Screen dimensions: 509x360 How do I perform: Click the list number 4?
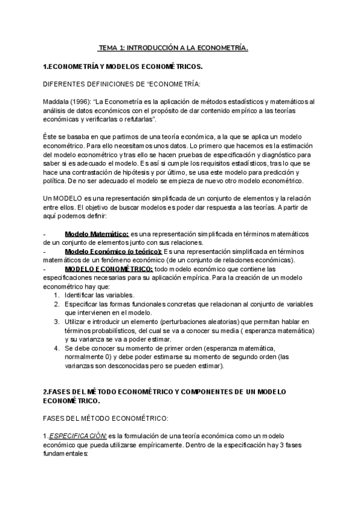[56, 349]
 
